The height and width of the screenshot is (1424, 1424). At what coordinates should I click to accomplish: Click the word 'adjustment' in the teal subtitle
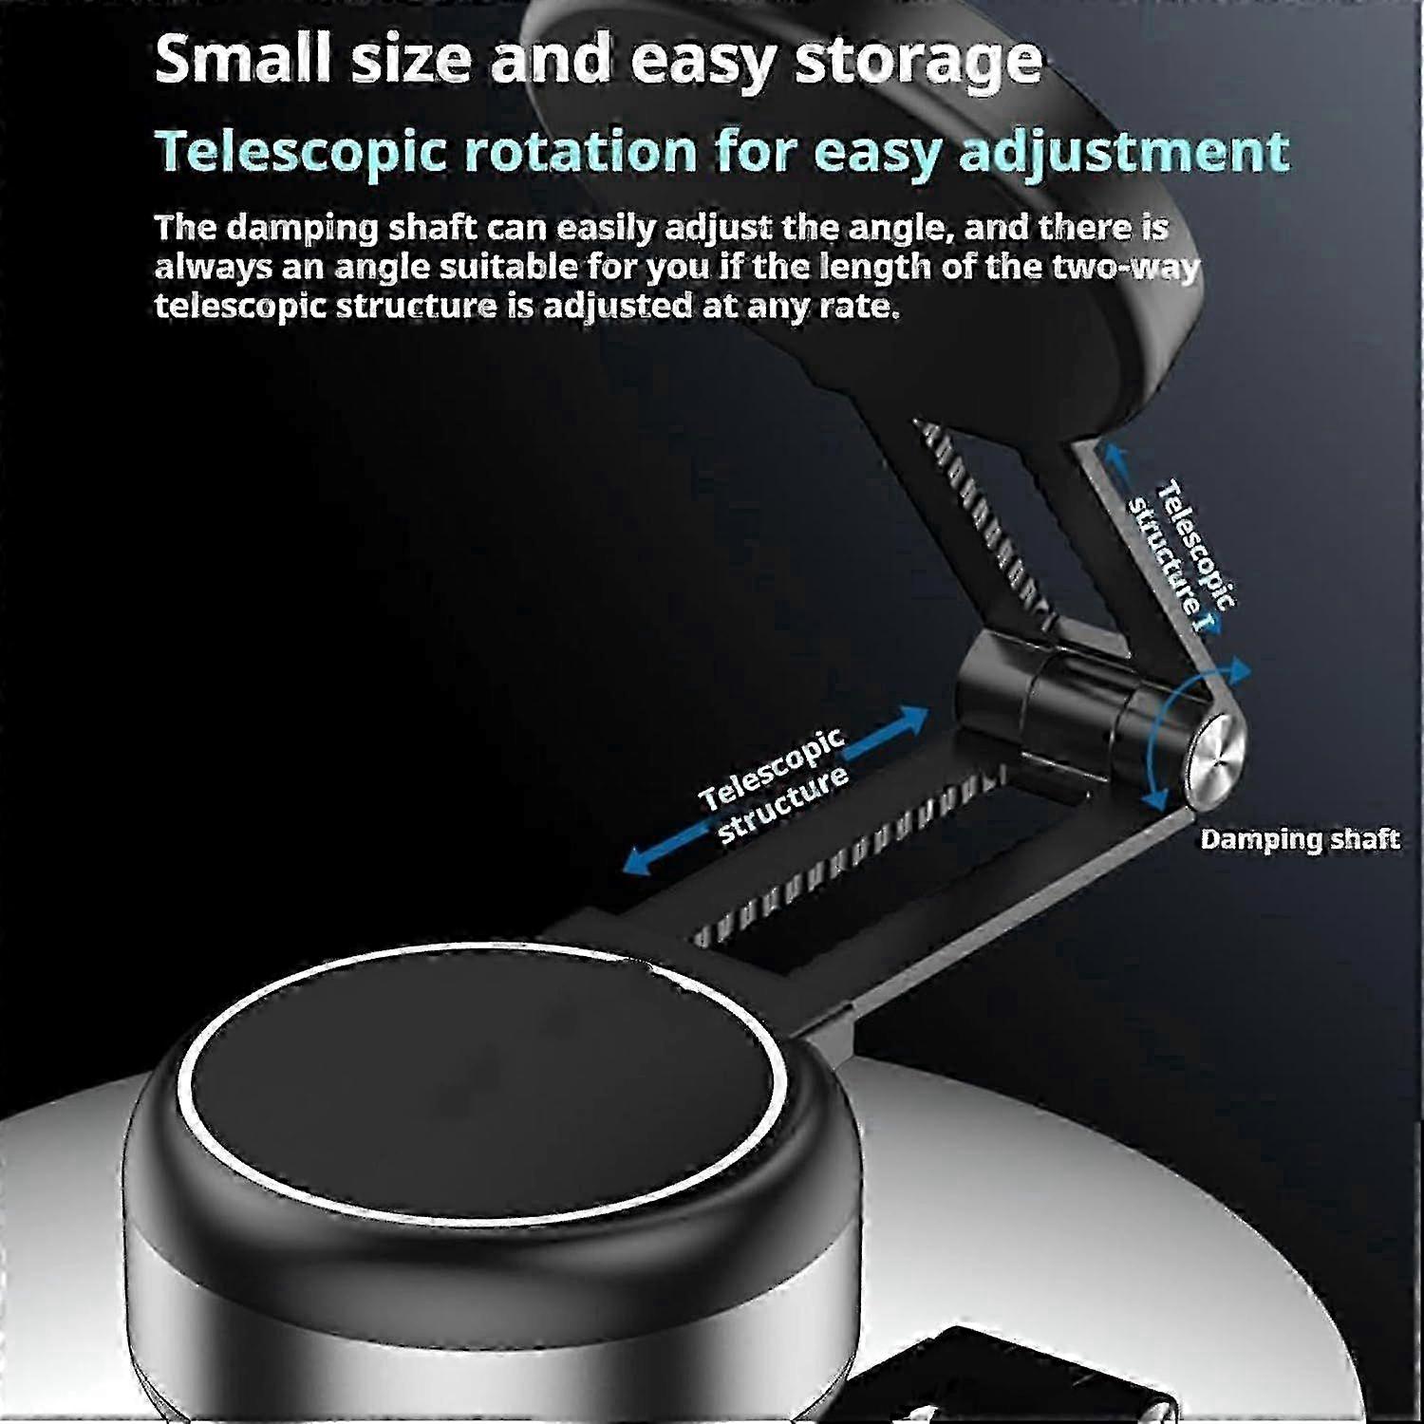(1125, 152)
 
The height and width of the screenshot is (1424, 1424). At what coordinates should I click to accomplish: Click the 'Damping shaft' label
(1300, 839)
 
